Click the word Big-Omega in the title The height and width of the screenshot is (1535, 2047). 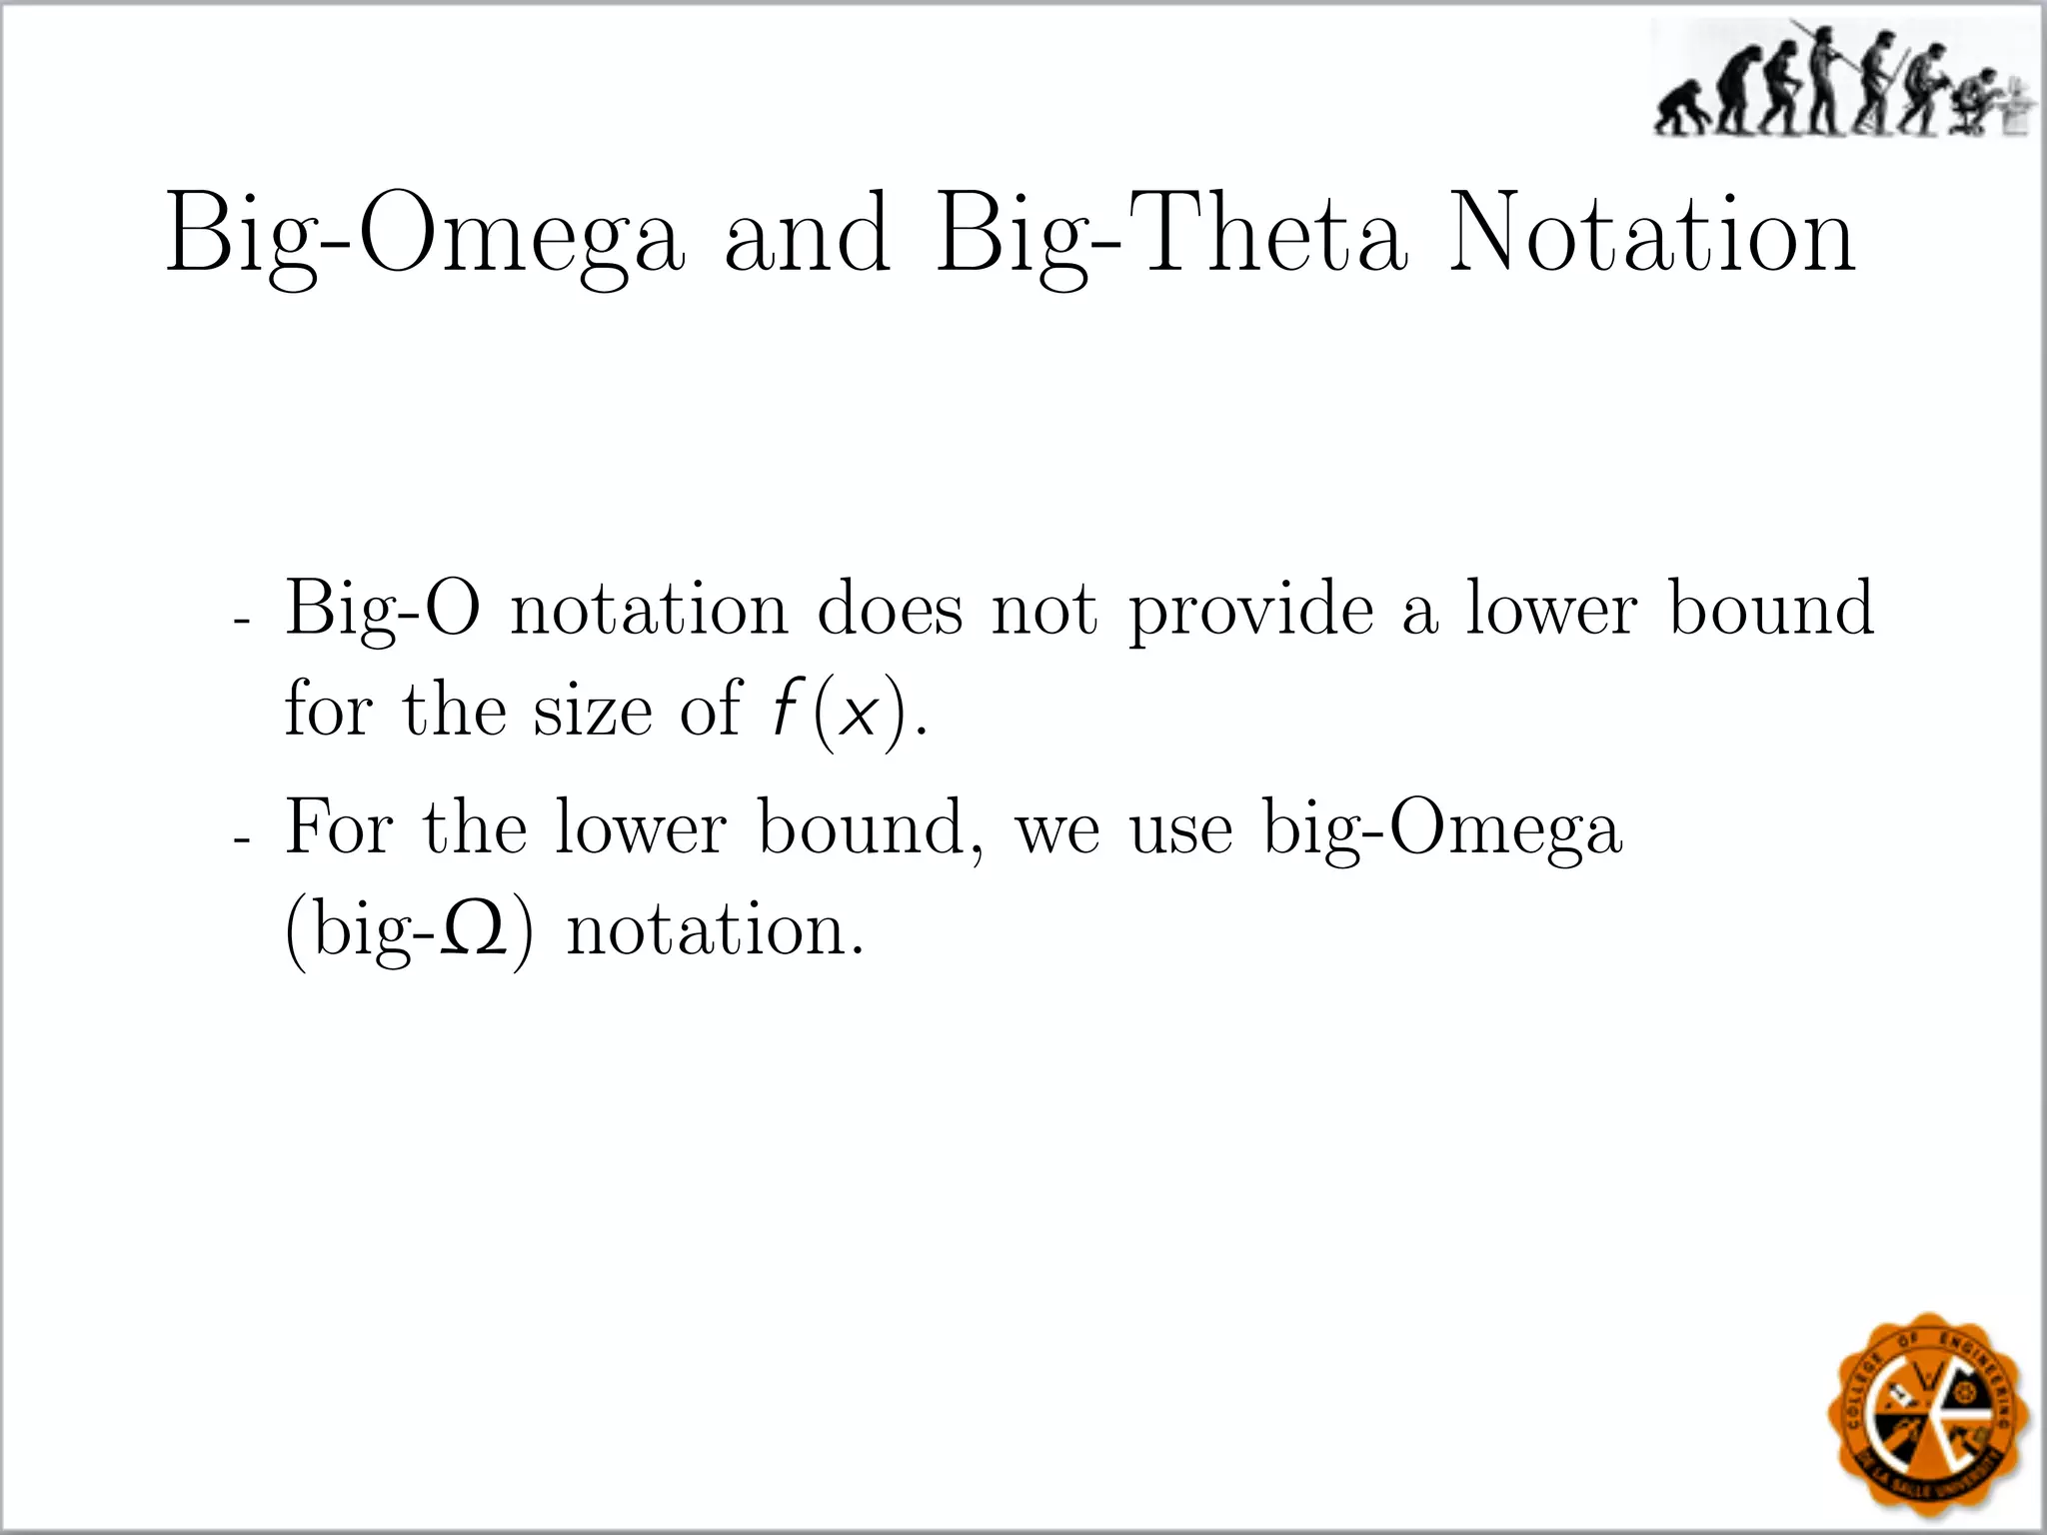click(x=426, y=236)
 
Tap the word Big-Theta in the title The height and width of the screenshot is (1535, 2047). click(x=1170, y=236)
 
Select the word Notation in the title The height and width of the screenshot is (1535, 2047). click(x=1652, y=236)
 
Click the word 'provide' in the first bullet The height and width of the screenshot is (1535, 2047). click(x=1252, y=610)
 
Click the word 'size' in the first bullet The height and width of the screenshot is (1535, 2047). click(x=592, y=711)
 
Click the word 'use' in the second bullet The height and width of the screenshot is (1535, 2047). click(x=1180, y=829)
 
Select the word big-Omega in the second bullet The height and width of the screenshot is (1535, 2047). click(x=1442, y=829)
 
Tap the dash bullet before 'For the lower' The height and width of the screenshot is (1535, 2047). click(x=240, y=840)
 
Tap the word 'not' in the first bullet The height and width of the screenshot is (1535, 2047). click(x=1043, y=610)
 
